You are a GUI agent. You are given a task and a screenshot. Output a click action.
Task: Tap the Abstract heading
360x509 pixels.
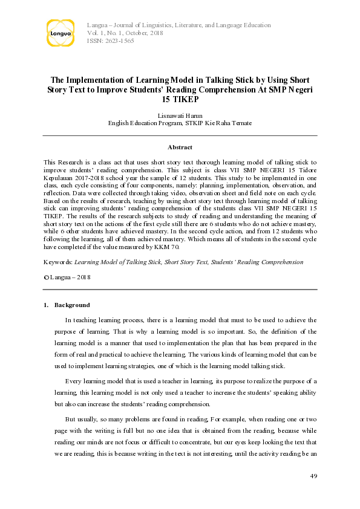click(x=180, y=147)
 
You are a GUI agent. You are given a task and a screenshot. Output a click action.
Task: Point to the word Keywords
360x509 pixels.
click(x=58, y=262)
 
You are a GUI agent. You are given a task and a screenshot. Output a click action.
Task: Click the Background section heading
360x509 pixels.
click(x=72, y=305)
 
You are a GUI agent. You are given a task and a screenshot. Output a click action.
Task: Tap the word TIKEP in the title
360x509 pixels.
click(x=180, y=98)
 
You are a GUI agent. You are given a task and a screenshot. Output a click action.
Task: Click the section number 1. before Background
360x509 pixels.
click(x=46, y=305)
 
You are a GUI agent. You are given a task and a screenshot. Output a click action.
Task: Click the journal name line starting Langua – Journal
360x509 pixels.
click(x=179, y=25)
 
